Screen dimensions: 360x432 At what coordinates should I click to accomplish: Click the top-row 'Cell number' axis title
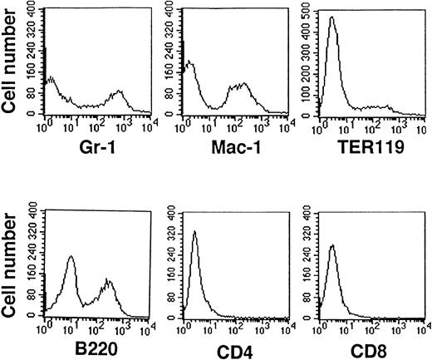point(12,62)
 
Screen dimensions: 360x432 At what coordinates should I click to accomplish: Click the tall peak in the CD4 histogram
point(194,232)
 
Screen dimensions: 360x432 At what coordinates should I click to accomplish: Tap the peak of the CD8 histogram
point(331,245)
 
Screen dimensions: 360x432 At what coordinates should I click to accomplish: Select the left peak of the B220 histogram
point(71,257)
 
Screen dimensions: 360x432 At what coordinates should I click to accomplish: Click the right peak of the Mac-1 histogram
point(243,83)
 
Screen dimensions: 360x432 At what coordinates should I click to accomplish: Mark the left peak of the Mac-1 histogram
point(190,62)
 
